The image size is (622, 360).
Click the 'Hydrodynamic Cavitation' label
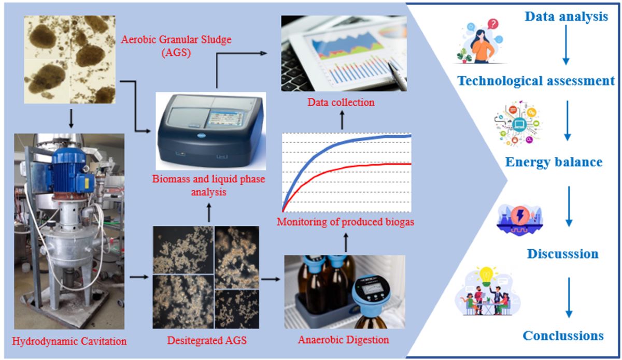tap(69, 341)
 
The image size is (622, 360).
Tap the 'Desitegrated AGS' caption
tap(207, 340)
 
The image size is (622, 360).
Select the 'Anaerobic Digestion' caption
tap(344, 340)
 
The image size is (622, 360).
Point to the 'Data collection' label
tap(341, 102)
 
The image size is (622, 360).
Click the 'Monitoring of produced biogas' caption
tap(345, 222)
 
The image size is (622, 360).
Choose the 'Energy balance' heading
tap(554, 162)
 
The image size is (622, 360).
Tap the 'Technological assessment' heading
tap(536, 81)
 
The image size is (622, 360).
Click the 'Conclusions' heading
tap(563, 336)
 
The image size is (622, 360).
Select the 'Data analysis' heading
tap(566, 17)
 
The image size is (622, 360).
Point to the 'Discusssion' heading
tap(562, 254)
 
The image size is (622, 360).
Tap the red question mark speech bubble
tap(493, 24)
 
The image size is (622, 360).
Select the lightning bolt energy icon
tap(520, 215)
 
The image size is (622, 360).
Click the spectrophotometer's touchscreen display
tap(226, 119)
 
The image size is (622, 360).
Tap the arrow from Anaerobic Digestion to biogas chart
tap(346, 242)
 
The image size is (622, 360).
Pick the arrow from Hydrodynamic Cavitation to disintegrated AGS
tap(139, 277)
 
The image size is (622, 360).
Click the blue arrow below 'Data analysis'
tap(566, 45)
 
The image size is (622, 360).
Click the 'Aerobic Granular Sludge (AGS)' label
tap(176, 46)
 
